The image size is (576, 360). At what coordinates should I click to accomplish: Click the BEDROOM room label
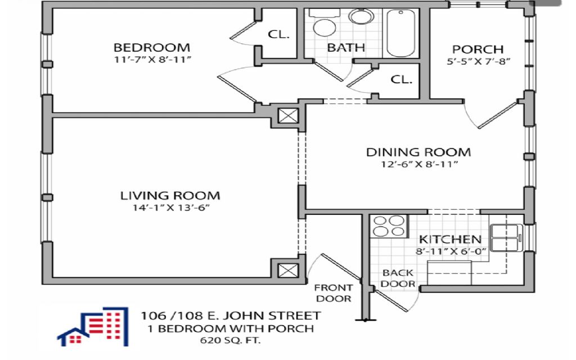coord(152,48)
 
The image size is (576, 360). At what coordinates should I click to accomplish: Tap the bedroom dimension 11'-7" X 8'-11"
coord(152,60)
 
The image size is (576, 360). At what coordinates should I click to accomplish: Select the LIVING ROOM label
coord(170,195)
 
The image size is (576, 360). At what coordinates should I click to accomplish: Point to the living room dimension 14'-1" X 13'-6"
coord(171,208)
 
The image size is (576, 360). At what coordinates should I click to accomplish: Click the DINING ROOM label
coord(418,152)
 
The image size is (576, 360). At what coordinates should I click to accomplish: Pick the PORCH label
coord(478,49)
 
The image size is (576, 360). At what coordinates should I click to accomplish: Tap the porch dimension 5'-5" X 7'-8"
coord(478,61)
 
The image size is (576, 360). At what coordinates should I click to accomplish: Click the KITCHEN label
coord(450,240)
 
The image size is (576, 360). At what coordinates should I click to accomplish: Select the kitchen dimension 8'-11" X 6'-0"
coord(451,251)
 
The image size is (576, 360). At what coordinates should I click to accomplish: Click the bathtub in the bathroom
coord(400,33)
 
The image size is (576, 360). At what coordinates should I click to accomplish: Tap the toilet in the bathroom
coord(323,23)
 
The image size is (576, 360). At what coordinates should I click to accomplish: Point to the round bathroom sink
coord(361,16)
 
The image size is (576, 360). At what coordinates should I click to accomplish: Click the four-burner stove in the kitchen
coord(389,226)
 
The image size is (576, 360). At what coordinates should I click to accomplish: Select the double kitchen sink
coord(506,237)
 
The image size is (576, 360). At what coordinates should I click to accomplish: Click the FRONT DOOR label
coord(334,293)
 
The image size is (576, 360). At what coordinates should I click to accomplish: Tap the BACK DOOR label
coord(398,278)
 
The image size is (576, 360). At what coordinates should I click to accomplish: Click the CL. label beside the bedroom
coord(278,34)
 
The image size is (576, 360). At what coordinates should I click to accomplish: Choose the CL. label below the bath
coord(401,79)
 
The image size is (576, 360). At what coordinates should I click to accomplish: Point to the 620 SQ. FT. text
coord(230,340)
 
